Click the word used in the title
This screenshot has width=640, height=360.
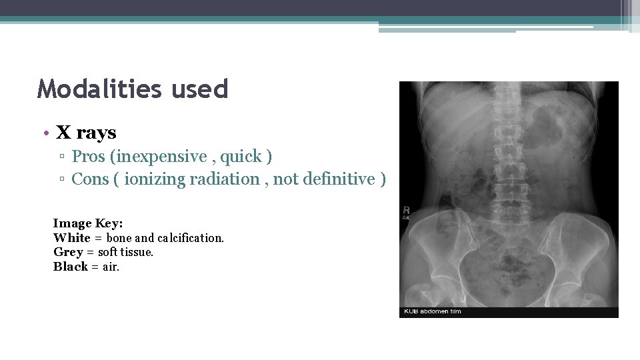click(x=201, y=89)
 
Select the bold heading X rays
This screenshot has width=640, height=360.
click(x=86, y=133)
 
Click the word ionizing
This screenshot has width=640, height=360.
click(x=155, y=179)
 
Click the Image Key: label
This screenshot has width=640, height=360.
click(x=88, y=223)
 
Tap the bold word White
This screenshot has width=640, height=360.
click(x=72, y=238)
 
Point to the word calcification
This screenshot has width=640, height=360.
click(x=190, y=238)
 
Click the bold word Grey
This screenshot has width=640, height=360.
click(x=68, y=253)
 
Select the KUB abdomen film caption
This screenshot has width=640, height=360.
click(x=433, y=311)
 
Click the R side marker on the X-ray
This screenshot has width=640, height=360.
click(x=406, y=211)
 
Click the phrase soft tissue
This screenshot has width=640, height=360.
click(x=125, y=253)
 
